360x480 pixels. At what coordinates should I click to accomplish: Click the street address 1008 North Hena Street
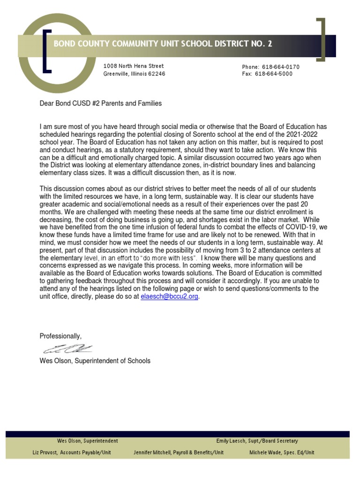click(134, 66)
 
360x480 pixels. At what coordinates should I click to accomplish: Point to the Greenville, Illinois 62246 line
click(134, 74)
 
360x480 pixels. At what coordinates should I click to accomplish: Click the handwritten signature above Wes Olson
click(68, 348)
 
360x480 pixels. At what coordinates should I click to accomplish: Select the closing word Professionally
click(60, 336)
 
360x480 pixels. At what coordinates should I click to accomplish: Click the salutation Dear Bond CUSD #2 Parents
click(101, 104)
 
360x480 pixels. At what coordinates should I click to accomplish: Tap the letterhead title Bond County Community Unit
click(163, 44)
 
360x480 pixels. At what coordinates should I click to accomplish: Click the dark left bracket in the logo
click(46, 52)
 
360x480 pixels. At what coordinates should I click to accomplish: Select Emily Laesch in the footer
click(256, 441)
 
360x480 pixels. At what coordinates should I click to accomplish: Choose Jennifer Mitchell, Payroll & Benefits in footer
click(179, 452)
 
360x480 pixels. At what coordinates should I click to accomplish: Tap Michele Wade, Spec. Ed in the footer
click(282, 452)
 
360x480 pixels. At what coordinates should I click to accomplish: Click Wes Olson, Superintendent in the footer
click(88, 441)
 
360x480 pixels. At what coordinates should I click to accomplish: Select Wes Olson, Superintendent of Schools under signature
click(95, 361)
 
